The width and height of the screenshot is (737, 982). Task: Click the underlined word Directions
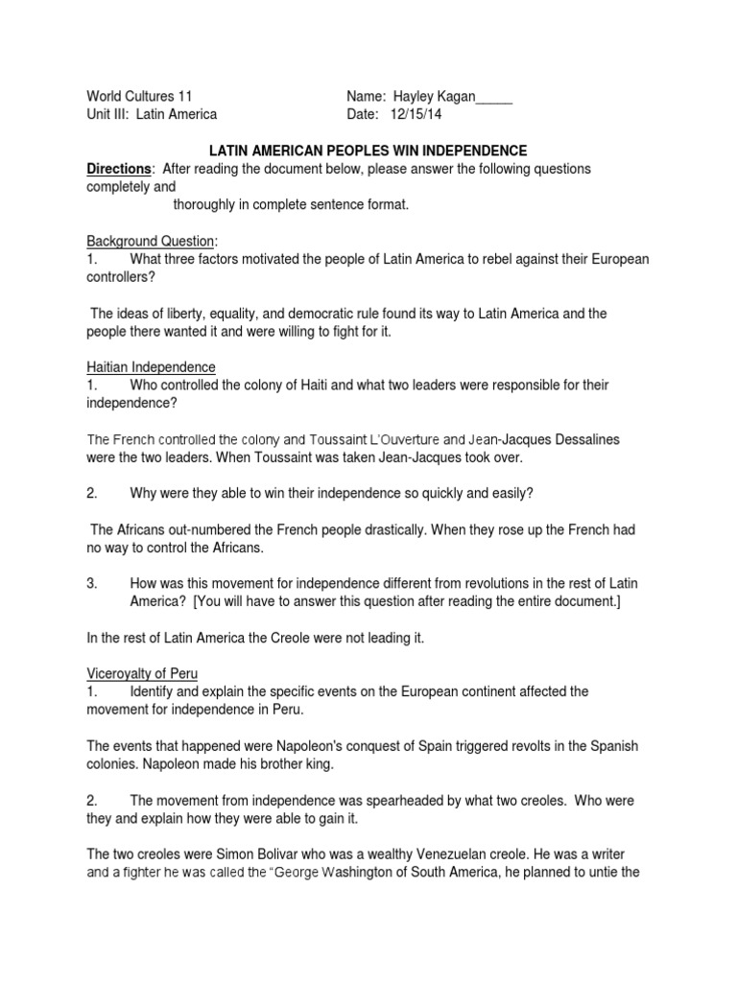(120, 169)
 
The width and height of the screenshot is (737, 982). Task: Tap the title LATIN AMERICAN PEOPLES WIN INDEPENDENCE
(368, 151)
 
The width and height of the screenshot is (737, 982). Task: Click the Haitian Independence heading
(152, 367)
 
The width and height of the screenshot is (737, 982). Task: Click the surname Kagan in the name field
(453, 96)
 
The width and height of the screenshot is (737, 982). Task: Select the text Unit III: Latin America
(152, 114)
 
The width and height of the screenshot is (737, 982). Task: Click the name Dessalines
(582, 439)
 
